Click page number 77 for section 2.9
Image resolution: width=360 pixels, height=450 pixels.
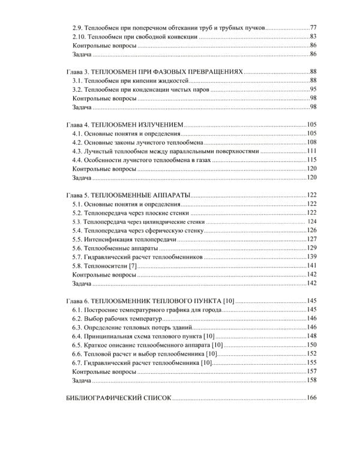(313, 28)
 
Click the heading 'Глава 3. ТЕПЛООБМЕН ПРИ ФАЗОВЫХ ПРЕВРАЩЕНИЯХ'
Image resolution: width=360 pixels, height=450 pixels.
(154, 72)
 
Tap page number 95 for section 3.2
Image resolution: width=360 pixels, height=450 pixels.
(313, 89)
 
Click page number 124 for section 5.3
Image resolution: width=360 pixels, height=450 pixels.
(311, 222)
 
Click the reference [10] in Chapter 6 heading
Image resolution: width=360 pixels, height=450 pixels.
(228, 301)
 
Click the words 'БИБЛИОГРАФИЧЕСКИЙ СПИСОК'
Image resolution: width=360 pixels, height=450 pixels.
(118, 398)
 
